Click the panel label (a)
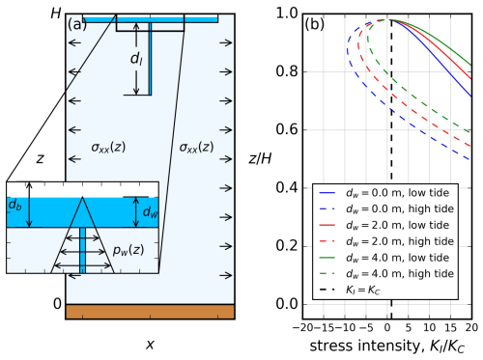pyautogui.click(x=77, y=24)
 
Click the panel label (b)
pyautogui.click(x=314, y=24)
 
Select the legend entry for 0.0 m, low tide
pyautogui.click(x=384, y=193)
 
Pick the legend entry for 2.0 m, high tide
pyautogui.click(x=386, y=241)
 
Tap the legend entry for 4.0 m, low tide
pyautogui.click(x=384, y=258)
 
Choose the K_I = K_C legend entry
pyautogui.click(x=350, y=290)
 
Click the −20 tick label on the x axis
pyautogui.click(x=303, y=327)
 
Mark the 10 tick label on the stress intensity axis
pyautogui.click(x=429, y=327)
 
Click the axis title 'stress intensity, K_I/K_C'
pyautogui.click(x=387, y=346)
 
